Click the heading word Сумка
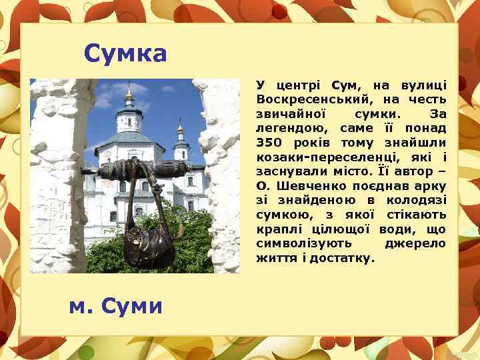tap(125, 53)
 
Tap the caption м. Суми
tap(116, 306)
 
